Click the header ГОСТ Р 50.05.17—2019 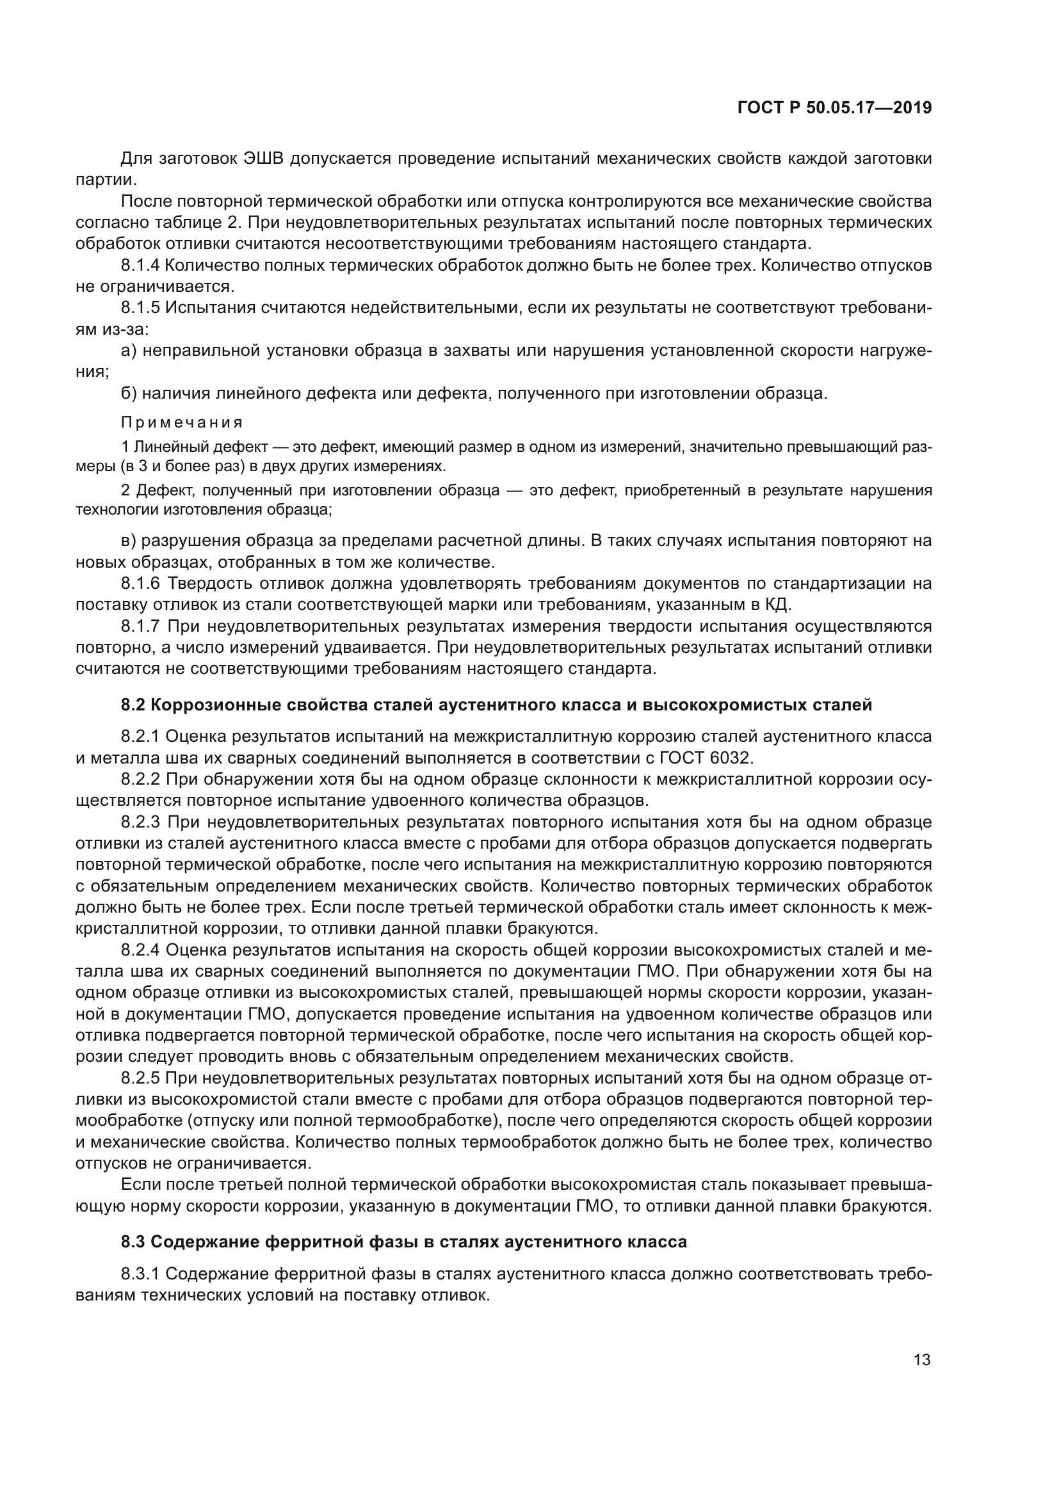834,108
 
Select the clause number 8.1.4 140,266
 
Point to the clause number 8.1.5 140,308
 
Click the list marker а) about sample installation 129,351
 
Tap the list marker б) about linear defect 129,394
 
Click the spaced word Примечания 182,422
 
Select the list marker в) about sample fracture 129,541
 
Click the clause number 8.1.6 140,583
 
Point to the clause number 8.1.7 140,626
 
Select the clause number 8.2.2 140,779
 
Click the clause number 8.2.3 140,822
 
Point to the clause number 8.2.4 140,950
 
